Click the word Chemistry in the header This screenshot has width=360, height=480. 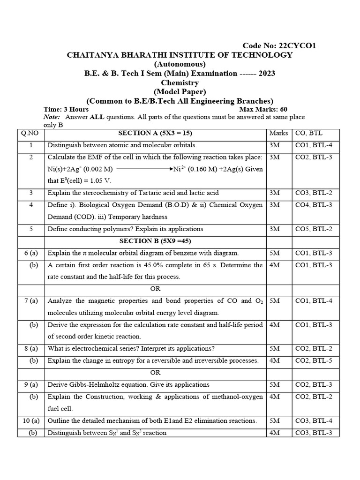180,82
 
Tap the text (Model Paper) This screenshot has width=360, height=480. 180,92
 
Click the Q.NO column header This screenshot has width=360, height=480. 31,133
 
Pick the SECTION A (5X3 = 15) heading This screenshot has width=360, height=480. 155,133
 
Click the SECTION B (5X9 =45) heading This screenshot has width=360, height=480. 155,241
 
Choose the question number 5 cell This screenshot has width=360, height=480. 31,229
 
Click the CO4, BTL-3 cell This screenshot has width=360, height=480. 314,205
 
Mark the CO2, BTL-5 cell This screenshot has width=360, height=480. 314,360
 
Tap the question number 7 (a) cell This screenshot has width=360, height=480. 31,301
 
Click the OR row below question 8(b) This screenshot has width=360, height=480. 155,373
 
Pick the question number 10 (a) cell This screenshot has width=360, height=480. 31,420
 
